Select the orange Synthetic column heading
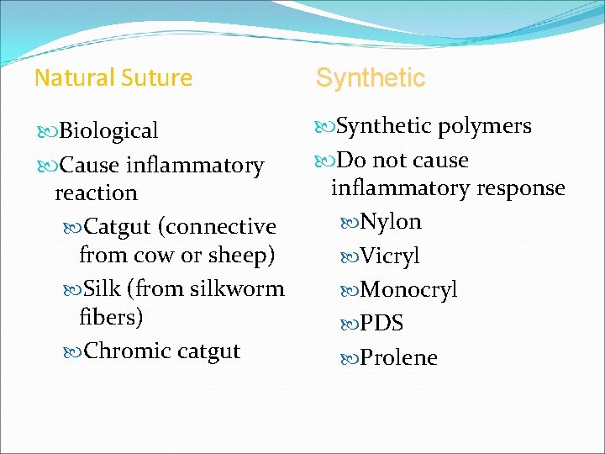click(x=371, y=78)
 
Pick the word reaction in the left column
click(x=96, y=193)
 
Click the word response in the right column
click(x=520, y=187)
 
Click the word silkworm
click(x=237, y=289)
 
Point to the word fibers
click(x=111, y=318)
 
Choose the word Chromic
click(x=127, y=351)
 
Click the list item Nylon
click(x=391, y=222)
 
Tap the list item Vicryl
click(x=390, y=256)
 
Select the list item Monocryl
click(x=408, y=290)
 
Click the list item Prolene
click(x=398, y=358)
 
